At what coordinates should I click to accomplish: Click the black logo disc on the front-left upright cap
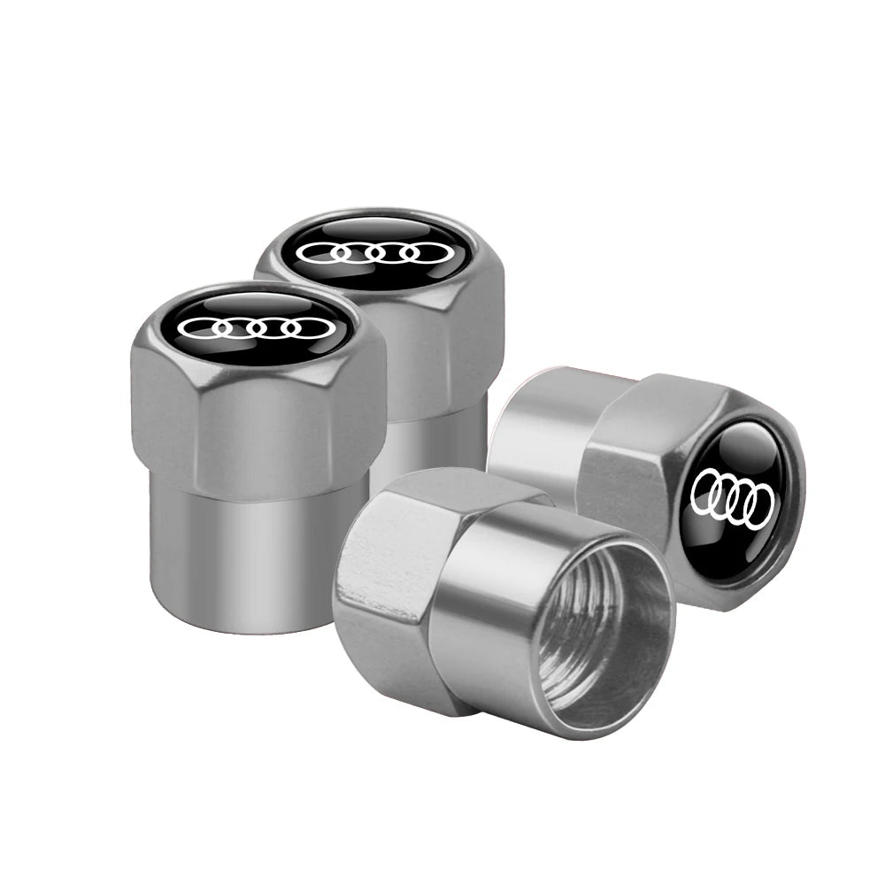click(x=257, y=327)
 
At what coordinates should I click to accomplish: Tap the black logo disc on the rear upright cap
click(x=372, y=250)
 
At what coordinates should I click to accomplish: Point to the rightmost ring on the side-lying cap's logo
click(x=761, y=506)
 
